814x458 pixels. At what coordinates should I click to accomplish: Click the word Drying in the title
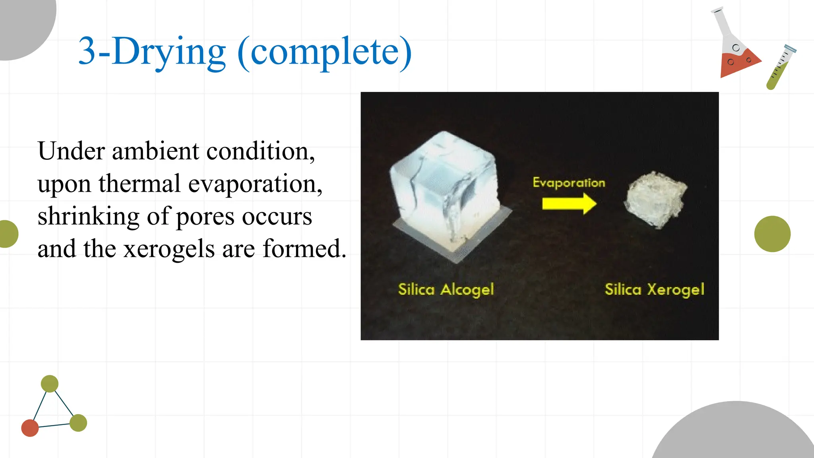pyautogui.click(x=169, y=52)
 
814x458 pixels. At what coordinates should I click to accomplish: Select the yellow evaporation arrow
pyautogui.click(x=569, y=204)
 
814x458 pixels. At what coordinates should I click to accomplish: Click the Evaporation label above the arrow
pyautogui.click(x=569, y=182)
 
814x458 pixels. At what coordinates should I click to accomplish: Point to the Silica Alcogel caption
pyautogui.click(x=446, y=289)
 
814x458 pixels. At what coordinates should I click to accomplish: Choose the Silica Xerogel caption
pyautogui.click(x=654, y=289)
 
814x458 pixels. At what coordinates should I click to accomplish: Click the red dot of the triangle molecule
pyautogui.click(x=30, y=428)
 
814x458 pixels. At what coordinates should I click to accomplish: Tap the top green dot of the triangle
pyautogui.click(x=50, y=384)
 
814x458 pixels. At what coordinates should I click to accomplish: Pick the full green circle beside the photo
pyautogui.click(x=772, y=234)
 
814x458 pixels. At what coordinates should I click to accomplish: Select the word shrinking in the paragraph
pyautogui.click(x=88, y=217)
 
